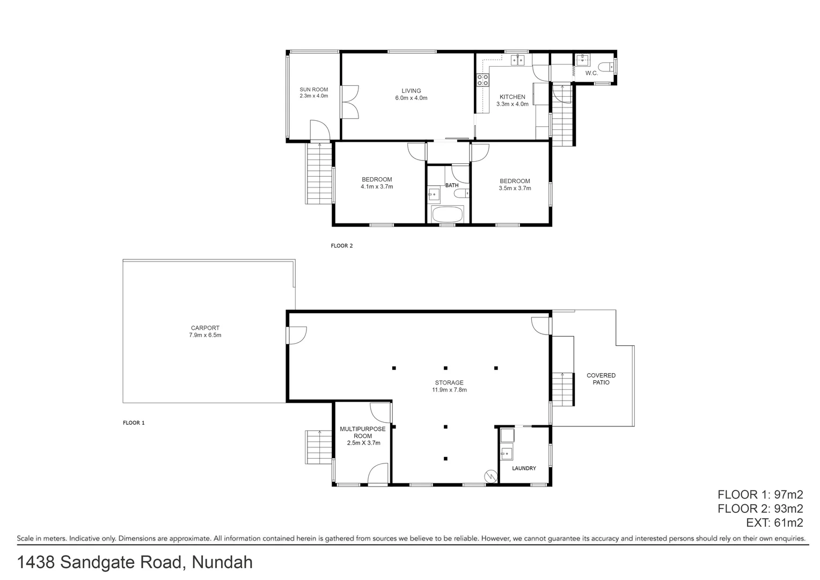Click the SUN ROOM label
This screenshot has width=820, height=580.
[313, 90]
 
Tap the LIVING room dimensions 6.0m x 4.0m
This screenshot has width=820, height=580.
[411, 98]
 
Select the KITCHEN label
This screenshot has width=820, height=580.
[512, 97]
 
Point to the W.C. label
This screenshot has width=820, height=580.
[591, 73]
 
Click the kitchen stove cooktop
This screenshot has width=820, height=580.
[482, 80]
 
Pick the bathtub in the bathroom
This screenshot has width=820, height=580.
[447, 215]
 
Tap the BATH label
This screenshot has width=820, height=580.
[452, 185]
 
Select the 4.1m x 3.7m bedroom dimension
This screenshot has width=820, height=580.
[377, 187]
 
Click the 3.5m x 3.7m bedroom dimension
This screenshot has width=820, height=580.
[515, 189]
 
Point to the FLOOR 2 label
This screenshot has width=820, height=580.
[342, 246]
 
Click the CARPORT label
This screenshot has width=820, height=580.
[205, 328]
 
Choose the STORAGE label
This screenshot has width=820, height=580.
[449, 383]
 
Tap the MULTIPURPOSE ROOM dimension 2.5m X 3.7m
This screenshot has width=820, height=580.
[363, 443]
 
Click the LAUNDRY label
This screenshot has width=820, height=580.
[524, 468]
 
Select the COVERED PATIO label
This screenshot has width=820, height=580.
[601, 379]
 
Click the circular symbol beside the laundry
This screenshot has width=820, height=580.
[490, 476]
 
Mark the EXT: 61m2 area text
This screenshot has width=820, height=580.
[774, 523]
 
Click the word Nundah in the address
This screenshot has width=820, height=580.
[222, 562]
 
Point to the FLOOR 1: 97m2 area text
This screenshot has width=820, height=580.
[760, 495]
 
